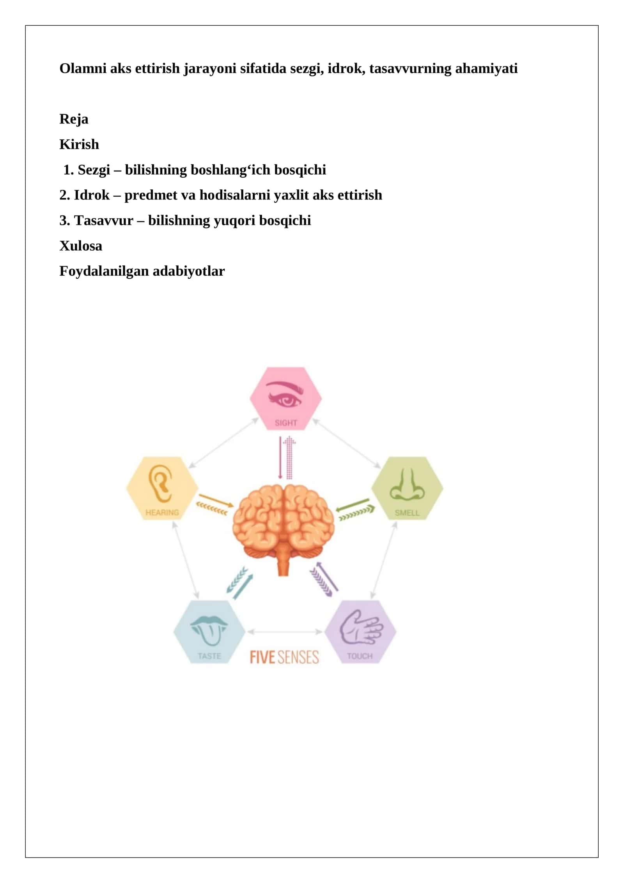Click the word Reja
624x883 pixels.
click(74, 119)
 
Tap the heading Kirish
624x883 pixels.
click(79, 144)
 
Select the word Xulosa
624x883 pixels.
click(81, 246)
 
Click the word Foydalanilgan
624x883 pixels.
click(104, 271)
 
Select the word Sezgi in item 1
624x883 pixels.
click(94, 170)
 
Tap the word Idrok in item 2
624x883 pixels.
click(92, 195)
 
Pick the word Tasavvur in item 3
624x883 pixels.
click(104, 221)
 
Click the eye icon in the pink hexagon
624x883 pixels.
click(285, 394)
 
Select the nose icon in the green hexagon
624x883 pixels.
click(407, 484)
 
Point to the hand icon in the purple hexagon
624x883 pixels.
click(361, 627)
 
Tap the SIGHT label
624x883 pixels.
click(286, 423)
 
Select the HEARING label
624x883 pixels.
click(162, 513)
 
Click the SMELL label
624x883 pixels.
click(407, 513)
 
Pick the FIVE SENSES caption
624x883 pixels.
click(284, 657)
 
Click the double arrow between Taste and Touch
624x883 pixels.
click(285, 631)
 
